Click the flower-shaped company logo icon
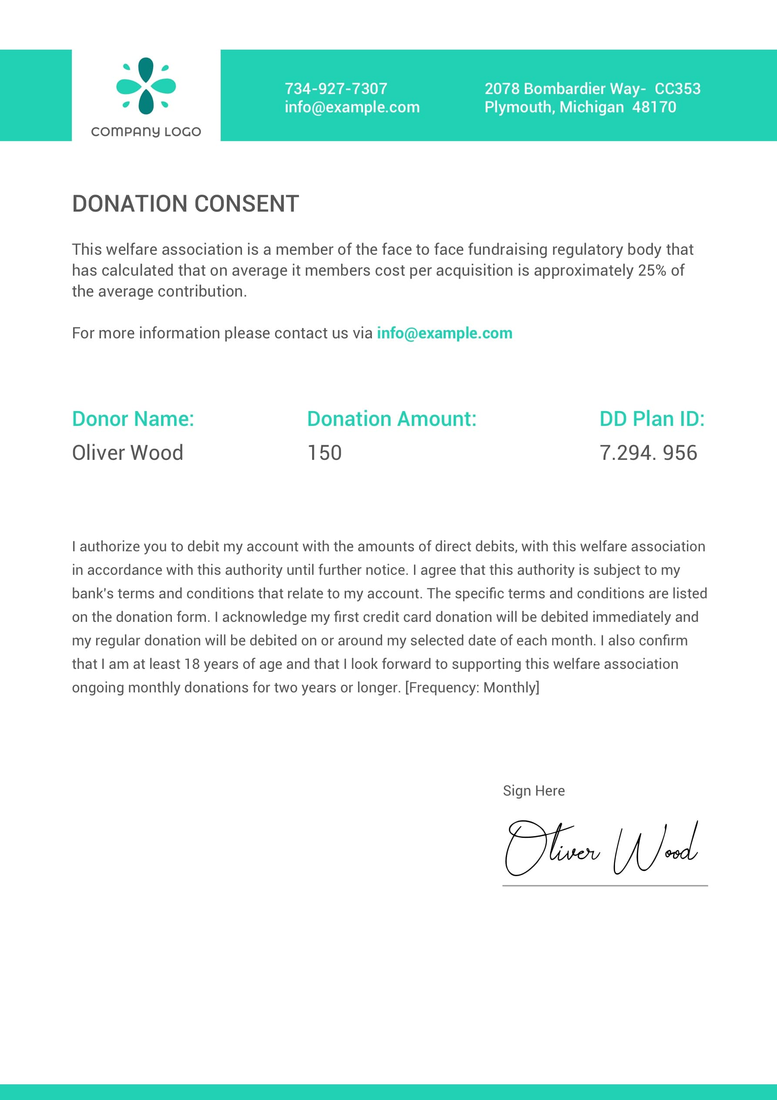[x=146, y=86]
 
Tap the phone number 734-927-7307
[x=336, y=89]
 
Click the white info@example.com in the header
[x=352, y=107]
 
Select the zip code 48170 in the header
[x=654, y=107]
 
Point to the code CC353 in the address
[x=677, y=89]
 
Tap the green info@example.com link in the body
[x=444, y=333]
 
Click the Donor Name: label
[x=133, y=419]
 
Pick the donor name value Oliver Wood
[x=128, y=453]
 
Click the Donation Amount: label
[x=392, y=419]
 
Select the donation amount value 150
[x=324, y=453]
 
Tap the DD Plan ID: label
[x=652, y=419]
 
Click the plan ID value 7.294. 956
[x=648, y=453]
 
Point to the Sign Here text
[x=534, y=790]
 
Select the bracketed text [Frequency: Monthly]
[x=472, y=688]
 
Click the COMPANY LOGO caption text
[x=146, y=132]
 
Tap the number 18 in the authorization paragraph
[x=192, y=664]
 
